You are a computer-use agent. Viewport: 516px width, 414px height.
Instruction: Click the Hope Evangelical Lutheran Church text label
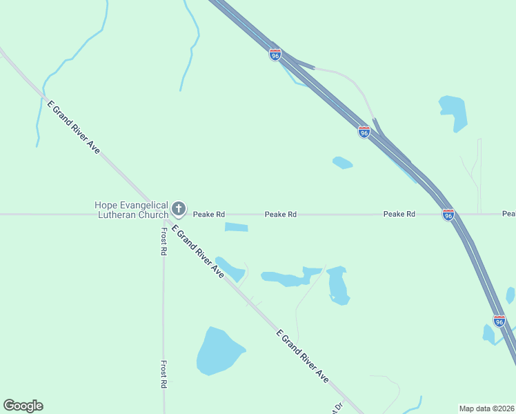131,209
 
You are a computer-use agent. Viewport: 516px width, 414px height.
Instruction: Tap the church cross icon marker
179,208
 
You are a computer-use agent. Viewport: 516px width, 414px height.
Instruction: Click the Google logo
23,406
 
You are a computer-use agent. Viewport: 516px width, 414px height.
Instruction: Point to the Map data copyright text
487,408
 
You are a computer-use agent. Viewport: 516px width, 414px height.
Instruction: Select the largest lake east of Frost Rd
218,351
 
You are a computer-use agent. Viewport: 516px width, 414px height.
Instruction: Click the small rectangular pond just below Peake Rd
236,227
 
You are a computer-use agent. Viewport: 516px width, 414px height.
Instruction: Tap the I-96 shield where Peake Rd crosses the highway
448,215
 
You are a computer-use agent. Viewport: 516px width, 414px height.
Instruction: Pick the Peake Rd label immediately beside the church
209,215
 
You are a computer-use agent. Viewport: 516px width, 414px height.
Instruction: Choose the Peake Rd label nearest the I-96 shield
399,215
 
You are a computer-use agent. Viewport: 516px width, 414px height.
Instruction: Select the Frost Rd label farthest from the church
164,374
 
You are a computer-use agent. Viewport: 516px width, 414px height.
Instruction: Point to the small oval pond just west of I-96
342,163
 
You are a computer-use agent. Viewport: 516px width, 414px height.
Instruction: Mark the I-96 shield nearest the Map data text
499,321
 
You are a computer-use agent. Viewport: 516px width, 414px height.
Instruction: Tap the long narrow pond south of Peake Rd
286,278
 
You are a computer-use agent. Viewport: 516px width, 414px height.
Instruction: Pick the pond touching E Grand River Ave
231,269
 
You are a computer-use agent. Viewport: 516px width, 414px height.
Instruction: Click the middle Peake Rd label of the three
281,215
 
